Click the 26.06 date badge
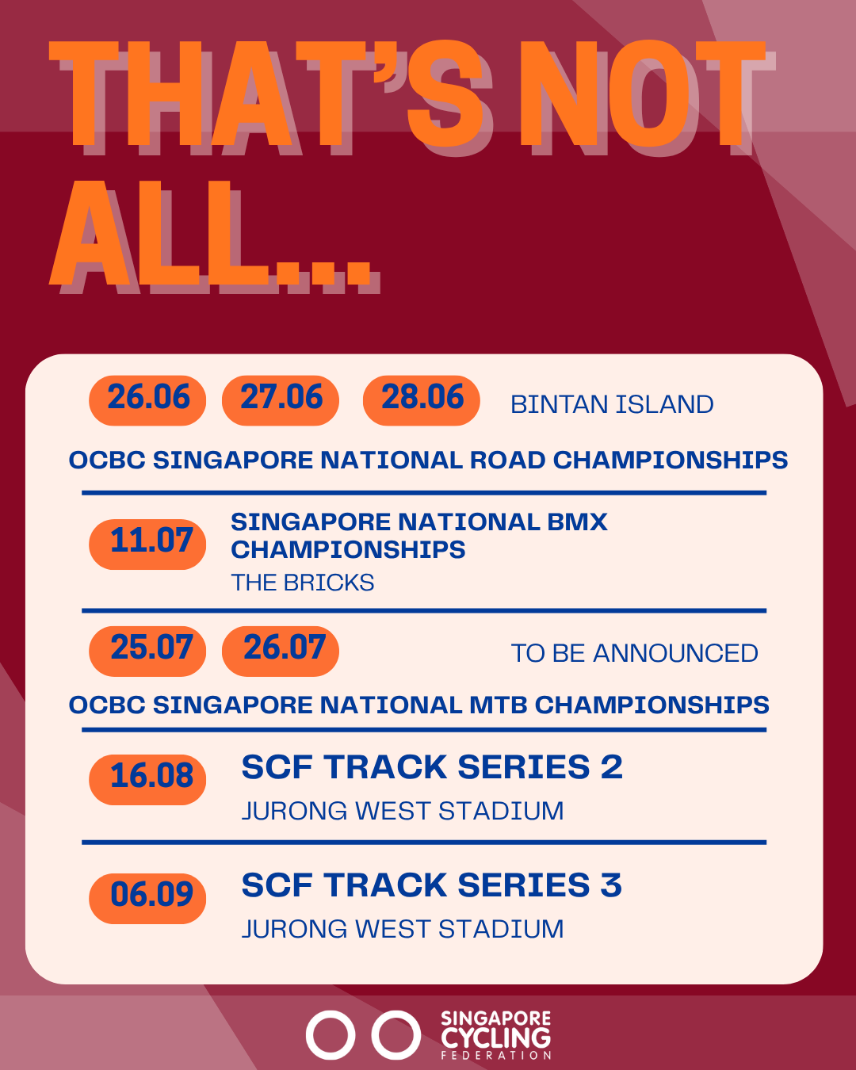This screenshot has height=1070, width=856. click(147, 400)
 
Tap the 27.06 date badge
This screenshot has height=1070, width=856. click(281, 400)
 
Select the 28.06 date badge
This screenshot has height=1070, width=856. click(422, 400)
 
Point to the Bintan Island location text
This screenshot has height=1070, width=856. click(612, 404)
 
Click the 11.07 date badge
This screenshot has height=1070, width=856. click(147, 544)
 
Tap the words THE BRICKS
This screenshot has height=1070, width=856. click(303, 583)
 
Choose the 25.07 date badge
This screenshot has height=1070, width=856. click(147, 651)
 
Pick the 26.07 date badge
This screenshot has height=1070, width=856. click(281, 651)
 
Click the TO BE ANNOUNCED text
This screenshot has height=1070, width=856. click(635, 653)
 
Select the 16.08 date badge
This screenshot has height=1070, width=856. click(147, 780)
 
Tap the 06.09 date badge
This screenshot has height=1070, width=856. click(147, 899)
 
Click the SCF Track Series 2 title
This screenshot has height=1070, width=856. click(432, 766)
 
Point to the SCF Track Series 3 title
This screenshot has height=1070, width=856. click(432, 885)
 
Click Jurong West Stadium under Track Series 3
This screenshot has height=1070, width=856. click(403, 929)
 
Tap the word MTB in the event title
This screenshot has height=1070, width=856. click(498, 705)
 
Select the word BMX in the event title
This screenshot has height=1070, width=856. click(577, 522)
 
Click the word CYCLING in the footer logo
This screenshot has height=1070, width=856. click(496, 1038)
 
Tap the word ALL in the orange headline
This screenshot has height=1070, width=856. click(159, 233)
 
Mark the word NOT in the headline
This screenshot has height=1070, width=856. click(643, 94)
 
